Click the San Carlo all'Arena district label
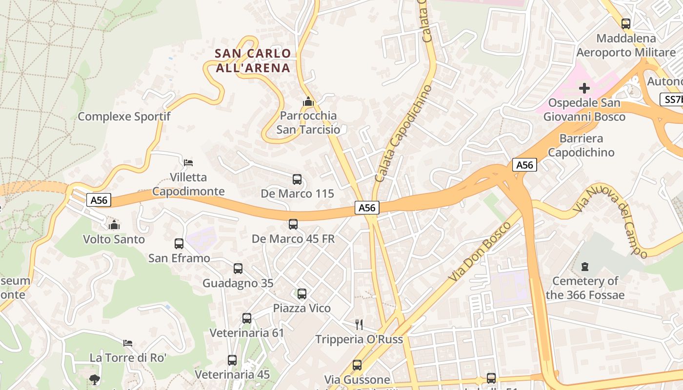click(253, 60)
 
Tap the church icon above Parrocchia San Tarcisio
click(308, 101)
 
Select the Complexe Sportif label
click(124, 117)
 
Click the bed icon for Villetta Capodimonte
click(188, 162)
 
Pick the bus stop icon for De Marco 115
click(297, 179)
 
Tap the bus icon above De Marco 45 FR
click(293, 224)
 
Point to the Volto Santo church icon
click(114, 225)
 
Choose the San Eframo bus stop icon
click(179, 243)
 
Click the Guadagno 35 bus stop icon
click(238, 268)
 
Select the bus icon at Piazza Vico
click(302, 293)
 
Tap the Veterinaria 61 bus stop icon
click(247, 318)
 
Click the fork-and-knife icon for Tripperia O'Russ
click(359, 324)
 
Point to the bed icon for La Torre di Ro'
click(128, 343)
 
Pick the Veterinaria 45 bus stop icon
click(232, 360)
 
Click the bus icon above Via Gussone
click(357, 365)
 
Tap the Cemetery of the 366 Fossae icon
click(585, 266)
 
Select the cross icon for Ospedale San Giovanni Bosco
click(584, 88)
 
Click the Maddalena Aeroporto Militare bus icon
click(626, 23)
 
